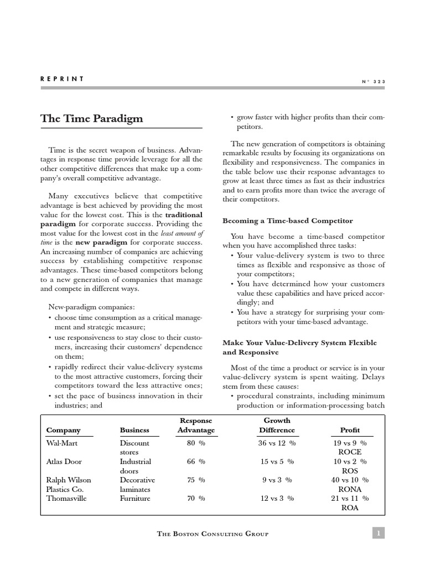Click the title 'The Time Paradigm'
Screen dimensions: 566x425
(x=91, y=119)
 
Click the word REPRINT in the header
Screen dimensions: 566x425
(x=62, y=79)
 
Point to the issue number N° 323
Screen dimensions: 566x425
(x=374, y=81)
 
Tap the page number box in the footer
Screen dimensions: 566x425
(x=378, y=533)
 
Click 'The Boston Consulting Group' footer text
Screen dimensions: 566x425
(x=213, y=533)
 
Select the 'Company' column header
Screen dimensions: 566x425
(x=63, y=430)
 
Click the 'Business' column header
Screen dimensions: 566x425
(x=134, y=430)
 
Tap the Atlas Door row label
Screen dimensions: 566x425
(x=64, y=462)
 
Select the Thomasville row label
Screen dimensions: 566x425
(x=67, y=498)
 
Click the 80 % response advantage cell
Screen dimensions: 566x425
(x=196, y=443)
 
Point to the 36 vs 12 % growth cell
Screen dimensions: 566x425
(x=277, y=443)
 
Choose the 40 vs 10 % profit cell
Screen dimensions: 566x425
(x=350, y=480)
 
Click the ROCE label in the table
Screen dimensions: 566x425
(x=350, y=452)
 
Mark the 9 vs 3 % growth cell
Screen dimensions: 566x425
(x=277, y=480)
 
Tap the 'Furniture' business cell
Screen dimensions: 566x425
(x=135, y=498)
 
